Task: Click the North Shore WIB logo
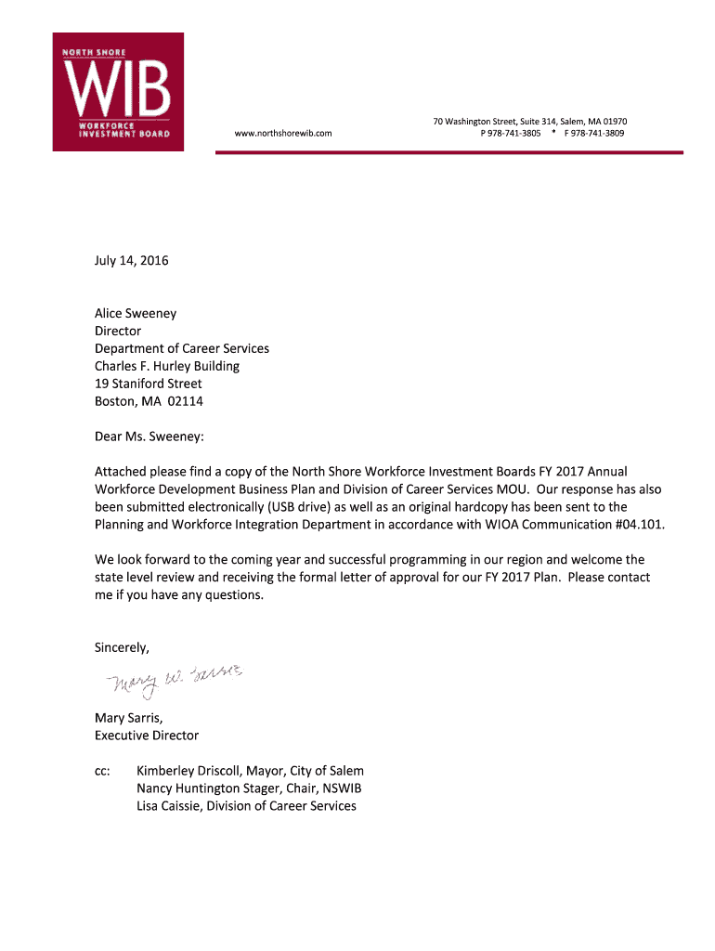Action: click(117, 91)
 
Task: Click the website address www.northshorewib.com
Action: click(283, 134)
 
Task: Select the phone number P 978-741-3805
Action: click(510, 134)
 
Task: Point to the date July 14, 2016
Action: click(132, 261)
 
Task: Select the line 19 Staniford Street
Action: click(149, 384)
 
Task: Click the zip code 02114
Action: click(186, 402)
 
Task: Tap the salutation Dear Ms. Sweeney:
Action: click(149, 436)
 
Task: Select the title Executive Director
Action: click(147, 736)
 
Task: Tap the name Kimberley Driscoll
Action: click(189, 771)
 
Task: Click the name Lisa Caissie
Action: click(167, 806)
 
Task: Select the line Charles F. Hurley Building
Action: click(167, 367)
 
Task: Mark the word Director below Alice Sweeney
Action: click(118, 332)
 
